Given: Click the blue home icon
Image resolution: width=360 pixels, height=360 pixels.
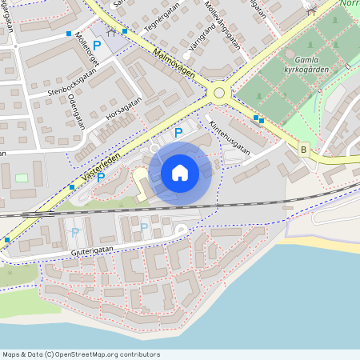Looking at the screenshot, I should pos(180,173).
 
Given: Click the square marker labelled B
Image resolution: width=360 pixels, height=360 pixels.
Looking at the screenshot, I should pos(303,149).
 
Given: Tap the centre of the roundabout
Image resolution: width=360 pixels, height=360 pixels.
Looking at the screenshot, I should pos(218,93).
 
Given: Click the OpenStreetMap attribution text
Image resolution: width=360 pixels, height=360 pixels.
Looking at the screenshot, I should pos(81,354).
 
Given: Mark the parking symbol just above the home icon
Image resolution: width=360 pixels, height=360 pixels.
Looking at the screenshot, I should pos(178,132).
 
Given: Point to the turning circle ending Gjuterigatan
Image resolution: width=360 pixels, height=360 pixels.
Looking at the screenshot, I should pos(181,230).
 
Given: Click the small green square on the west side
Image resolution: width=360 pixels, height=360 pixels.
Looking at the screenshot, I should pos(22,177).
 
